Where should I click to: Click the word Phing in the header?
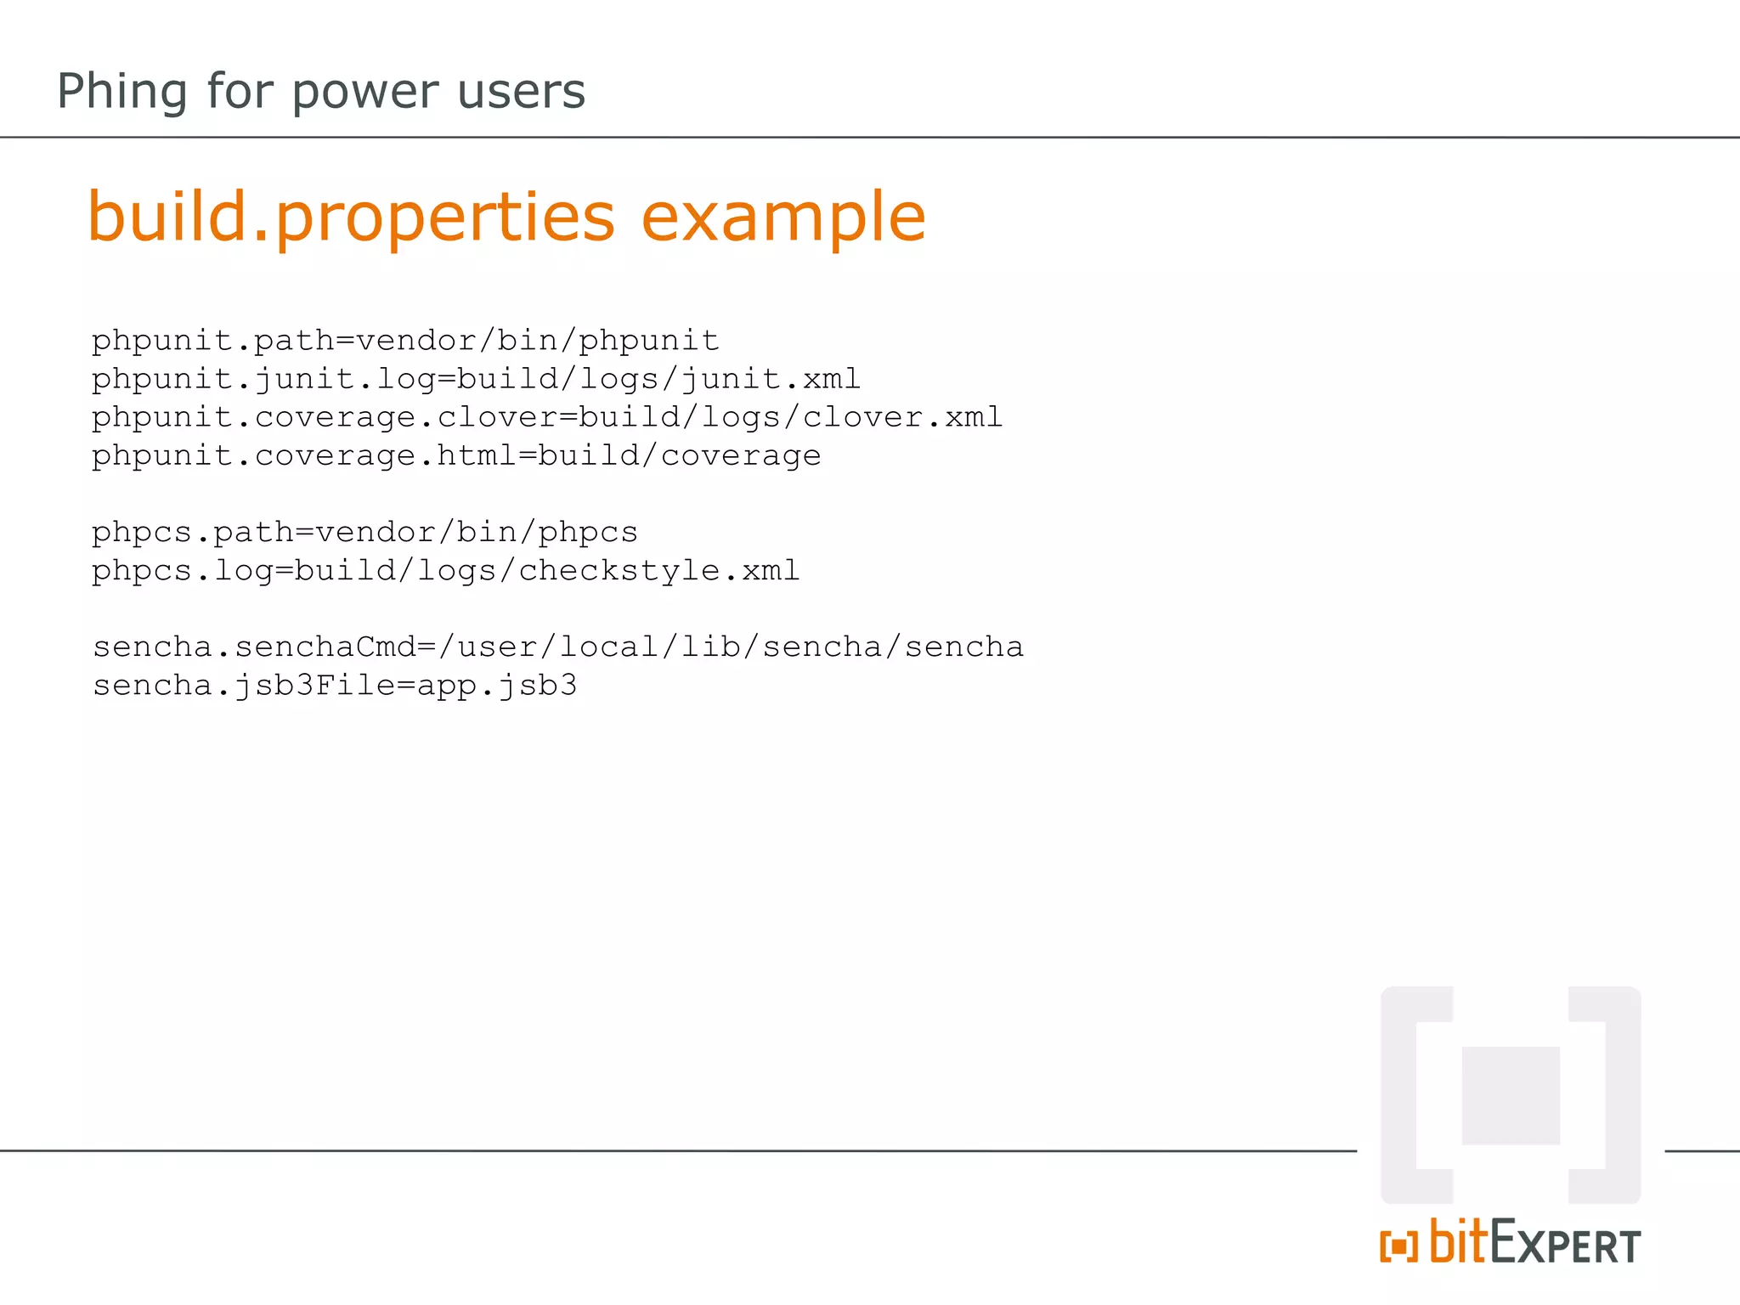coord(121,92)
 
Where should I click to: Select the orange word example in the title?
coord(782,217)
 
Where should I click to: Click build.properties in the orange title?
coord(351,217)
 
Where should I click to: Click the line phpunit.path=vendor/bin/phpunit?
coord(405,341)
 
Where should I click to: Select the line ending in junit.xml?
coord(476,379)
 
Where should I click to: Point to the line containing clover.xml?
coord(547,417)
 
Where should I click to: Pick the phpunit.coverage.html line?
coord(456,456)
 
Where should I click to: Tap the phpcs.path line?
coord(364,533)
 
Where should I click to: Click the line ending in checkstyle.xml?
coord(446,571)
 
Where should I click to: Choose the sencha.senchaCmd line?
coord(558,647)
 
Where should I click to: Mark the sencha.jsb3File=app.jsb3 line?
coord(335,686)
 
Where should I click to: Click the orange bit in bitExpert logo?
coord(1458,1242)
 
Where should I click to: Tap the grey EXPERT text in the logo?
coord(1565,1246)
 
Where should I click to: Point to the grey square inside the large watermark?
coord(1511,1095)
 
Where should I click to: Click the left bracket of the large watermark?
coord(1401,1095)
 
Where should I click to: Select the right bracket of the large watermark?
coord(1621,1095)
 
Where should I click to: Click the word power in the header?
coord(366,92)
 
